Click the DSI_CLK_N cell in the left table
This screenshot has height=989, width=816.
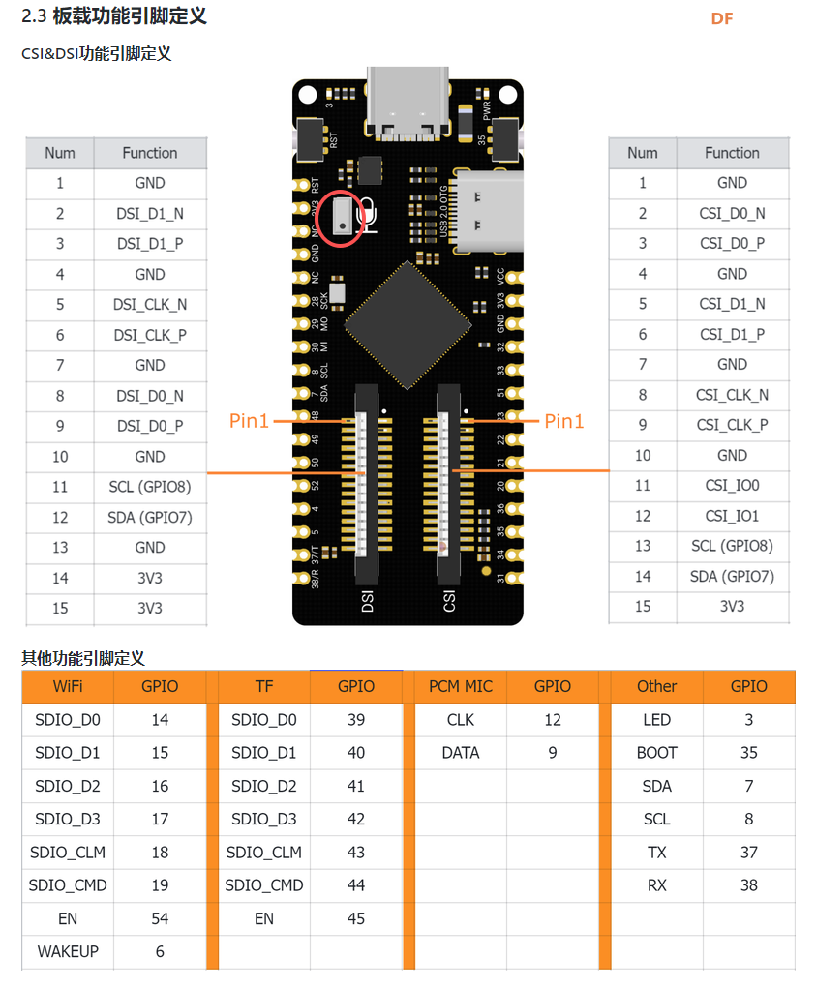(x=150, y=305)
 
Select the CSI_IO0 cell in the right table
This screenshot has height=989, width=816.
(x=732, y=486)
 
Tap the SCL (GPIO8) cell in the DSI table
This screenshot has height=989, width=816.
(x=150, y=488)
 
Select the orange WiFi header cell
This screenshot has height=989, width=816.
(x=68, y=686)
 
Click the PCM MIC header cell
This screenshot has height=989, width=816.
(x=460, y=686)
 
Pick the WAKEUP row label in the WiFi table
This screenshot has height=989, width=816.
(x=68, y=951)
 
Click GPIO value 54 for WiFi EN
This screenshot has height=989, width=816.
(x=160, y=918)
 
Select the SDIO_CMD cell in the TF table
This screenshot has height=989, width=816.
(x=264, y=885)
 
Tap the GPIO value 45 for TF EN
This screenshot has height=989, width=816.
(x=355, y=918)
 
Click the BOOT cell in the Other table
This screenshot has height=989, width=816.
(x=656, y=753)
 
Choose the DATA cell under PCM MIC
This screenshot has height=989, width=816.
(x=460, y=753)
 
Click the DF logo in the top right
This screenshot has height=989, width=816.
(x=722, y=19)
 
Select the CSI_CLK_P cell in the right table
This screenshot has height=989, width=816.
(x=732, y=425)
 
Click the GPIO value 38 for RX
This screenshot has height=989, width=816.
(x=748, y=885)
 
